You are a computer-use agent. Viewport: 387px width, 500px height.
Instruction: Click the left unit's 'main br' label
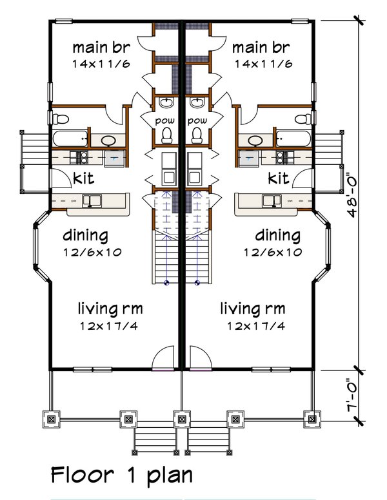coord(99,47)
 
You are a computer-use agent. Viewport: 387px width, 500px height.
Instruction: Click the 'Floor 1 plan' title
coord(122,475)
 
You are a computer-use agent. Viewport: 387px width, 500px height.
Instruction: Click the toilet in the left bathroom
coord(60,119)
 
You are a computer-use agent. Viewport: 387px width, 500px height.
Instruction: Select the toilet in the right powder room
coord(197,133)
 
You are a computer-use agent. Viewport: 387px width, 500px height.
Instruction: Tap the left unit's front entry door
coord(163,358)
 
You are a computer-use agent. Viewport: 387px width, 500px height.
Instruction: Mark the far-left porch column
coord(50,419)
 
